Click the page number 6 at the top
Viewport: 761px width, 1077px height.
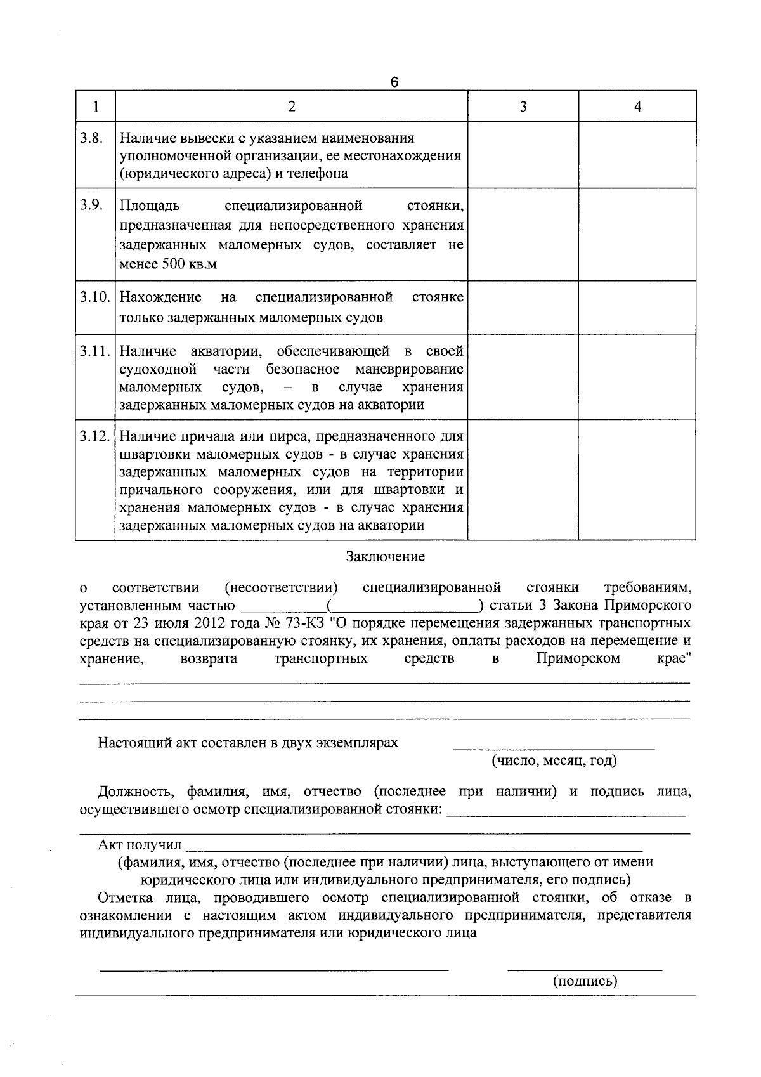394,82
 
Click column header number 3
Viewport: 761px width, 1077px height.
523,107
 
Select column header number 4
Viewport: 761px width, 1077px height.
637,107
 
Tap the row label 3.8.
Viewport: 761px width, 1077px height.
91,138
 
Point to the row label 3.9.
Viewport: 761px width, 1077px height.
91,206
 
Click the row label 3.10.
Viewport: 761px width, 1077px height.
95,297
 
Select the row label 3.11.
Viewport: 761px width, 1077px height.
95,351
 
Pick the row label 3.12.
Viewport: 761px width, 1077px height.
95,436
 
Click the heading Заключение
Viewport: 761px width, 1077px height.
385,557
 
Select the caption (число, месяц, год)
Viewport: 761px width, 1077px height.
554,760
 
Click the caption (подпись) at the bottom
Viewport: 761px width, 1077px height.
585,981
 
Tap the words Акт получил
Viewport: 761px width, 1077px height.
140,845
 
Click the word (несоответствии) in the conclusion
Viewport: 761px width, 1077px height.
281,587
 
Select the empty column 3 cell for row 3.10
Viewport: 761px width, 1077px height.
523,308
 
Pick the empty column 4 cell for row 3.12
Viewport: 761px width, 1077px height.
637,480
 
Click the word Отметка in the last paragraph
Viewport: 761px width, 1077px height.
127,897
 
